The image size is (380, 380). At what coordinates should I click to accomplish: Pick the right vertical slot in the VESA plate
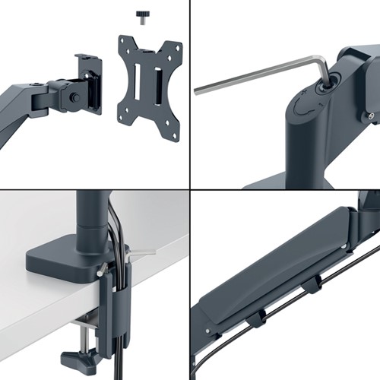157,79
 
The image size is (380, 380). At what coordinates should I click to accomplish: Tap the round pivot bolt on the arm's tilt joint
71,97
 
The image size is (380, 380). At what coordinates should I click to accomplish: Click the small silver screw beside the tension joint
370,116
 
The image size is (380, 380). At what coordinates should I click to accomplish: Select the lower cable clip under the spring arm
254,318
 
